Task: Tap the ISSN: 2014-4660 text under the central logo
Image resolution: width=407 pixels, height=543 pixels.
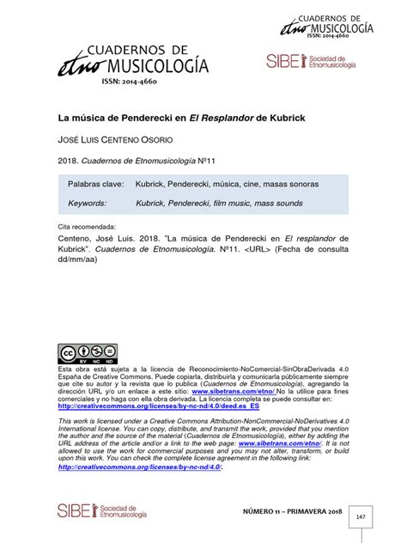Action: point(131,83)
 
